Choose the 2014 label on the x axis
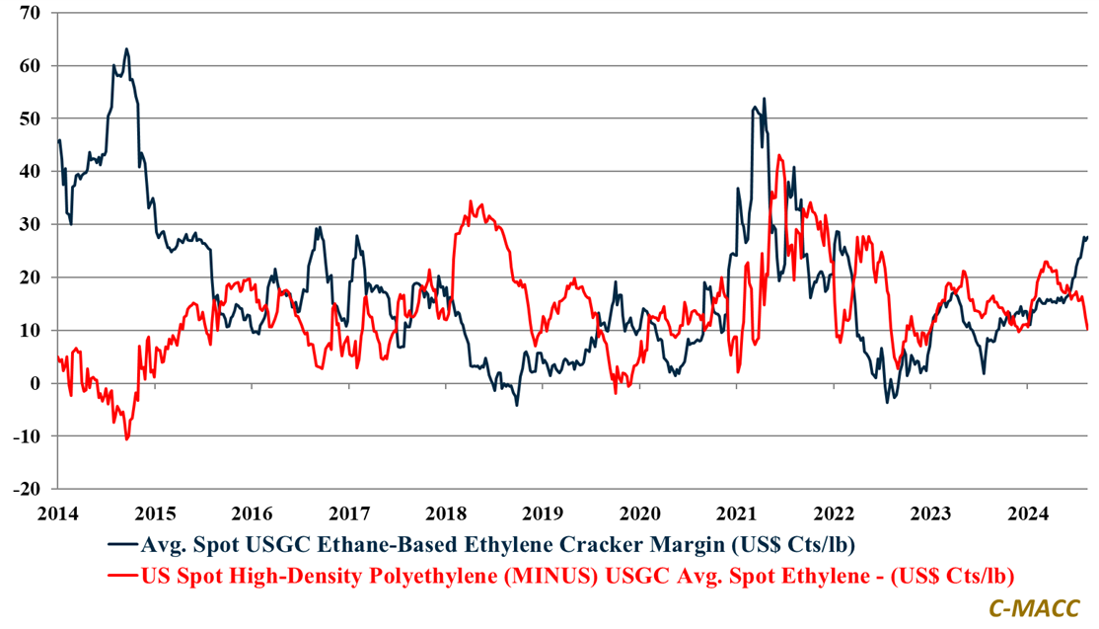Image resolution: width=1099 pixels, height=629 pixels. click(57, 512)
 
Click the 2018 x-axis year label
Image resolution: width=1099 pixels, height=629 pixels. click(447, 512)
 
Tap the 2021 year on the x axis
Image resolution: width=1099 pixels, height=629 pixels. click(739, 512)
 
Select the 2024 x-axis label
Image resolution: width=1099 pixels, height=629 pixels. click(1031, 512)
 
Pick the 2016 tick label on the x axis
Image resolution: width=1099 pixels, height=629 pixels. click(253, 512)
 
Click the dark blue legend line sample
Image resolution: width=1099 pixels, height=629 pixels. click(122, 544)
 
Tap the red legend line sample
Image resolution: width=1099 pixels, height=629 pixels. click(122, 575)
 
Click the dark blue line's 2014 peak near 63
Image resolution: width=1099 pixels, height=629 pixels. click(126, 48)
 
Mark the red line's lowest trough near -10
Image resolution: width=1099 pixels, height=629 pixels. click(126, 438)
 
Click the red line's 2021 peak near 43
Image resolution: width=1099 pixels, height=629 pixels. click(779, 155)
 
